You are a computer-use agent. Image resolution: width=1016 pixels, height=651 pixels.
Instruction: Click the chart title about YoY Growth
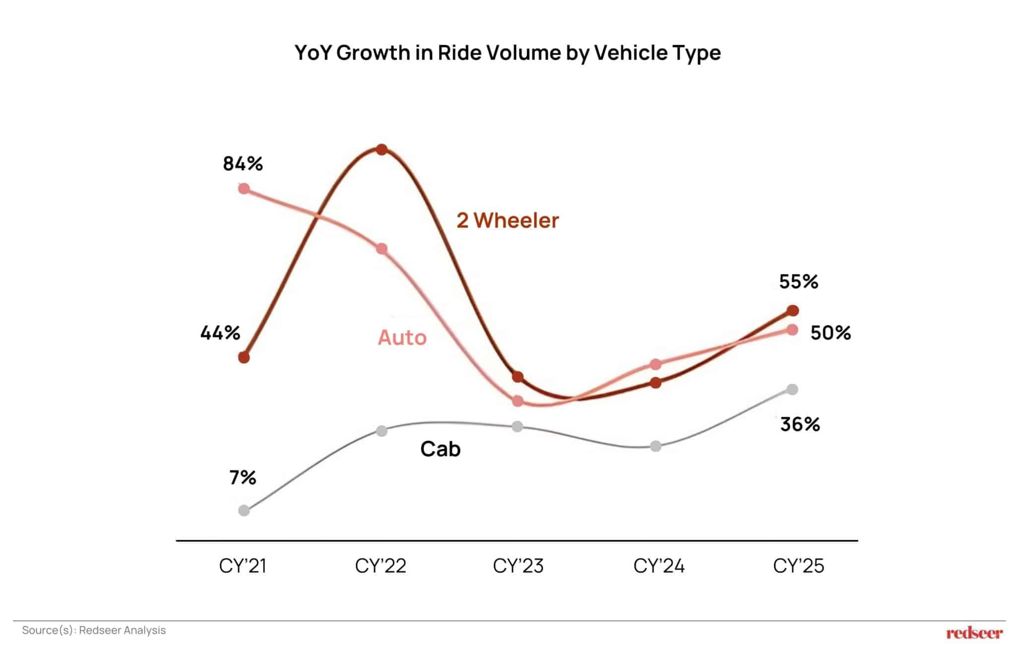507,53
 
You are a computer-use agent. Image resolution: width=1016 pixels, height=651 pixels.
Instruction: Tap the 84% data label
243,163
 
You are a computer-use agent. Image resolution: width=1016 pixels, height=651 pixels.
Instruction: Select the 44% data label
220,333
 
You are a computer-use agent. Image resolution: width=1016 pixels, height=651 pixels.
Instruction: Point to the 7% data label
243,478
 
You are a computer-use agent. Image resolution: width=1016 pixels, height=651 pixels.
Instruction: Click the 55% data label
798,282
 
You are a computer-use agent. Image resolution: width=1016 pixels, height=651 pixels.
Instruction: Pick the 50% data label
830,333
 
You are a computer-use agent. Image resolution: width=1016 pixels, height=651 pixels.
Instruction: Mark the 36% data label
800,424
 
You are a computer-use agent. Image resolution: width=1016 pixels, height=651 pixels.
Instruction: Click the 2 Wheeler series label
507,220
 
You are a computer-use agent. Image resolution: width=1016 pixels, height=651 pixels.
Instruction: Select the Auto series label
402,338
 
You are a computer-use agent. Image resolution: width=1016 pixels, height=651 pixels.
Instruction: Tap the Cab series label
440,449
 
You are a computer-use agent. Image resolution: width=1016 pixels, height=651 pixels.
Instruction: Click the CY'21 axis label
243,566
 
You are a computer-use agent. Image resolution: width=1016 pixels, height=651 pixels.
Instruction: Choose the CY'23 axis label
518,566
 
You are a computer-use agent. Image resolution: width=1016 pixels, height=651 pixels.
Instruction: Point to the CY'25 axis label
798,566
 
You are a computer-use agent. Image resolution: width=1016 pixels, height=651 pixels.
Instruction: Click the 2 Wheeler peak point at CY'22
381,149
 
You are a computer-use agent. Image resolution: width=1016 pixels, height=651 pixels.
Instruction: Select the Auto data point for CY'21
244,189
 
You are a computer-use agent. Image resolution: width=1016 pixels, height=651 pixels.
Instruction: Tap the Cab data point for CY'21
244,510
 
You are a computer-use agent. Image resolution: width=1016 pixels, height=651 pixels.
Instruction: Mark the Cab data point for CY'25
793,389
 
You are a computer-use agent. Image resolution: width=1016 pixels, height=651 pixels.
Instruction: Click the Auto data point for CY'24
655,364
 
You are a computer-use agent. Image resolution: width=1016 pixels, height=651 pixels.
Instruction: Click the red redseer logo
974,633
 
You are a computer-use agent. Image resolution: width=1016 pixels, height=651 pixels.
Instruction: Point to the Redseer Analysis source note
94,630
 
